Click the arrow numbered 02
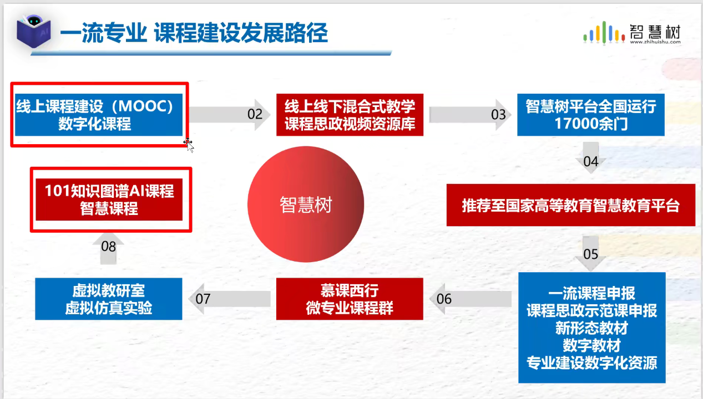pos(230,114)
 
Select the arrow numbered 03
pos(470,114)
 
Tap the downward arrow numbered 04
pos(591,157)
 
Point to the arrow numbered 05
pos(591,254)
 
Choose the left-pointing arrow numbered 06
pos(470,299)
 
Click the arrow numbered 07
pos(229,299)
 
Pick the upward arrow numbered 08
pos(108,249)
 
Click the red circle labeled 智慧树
pos(306,204)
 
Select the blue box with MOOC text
pos(99,115)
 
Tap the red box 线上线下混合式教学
pos(350,115)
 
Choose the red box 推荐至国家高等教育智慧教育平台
pos(571,205)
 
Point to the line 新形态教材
pos(591,328)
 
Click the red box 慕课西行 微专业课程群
pos(350,299)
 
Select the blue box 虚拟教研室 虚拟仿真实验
pos(109,299)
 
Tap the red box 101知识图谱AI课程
pos(109,199)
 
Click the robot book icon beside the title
pos(34,31)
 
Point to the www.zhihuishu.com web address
pos(655,42)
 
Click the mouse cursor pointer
pos(189,145)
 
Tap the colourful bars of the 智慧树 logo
pos(604,33)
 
